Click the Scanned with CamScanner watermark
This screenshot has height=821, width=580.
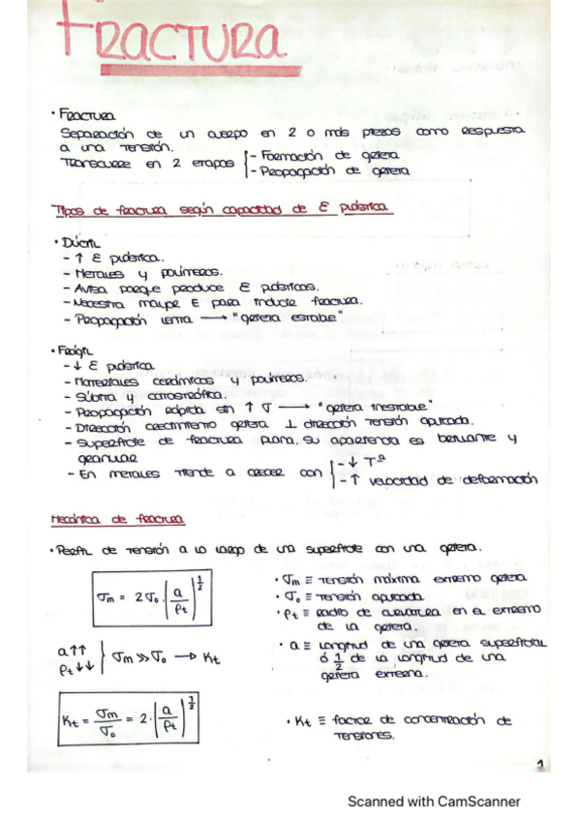434,801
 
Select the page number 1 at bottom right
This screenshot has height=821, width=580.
539,764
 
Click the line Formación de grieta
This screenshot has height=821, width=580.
330,155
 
